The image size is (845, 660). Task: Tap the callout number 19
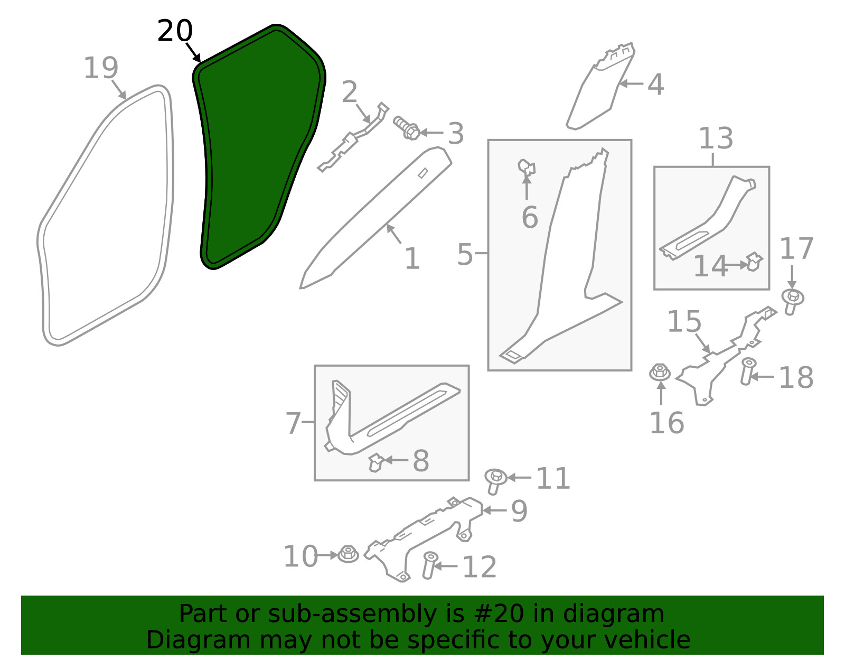point(101,68)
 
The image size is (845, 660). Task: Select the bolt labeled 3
point(407,127)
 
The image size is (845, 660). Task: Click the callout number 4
point(655,85)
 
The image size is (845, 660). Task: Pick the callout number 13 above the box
point(716,138)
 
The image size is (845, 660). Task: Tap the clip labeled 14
point(754,262)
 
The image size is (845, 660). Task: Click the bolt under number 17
point(793,301)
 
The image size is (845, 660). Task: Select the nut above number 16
point(660,372)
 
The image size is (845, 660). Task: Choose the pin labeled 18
point(747,371)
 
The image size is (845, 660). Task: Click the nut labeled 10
point(348,554)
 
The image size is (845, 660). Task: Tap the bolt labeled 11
point(495,481)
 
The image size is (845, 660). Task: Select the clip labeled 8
point(375,462)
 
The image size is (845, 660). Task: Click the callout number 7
point(293,423)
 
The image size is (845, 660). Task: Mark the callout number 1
point(412,258)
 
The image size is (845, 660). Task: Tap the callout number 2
point(349,92)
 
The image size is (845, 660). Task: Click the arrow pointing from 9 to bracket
point(494,510)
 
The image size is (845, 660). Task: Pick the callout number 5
point(465,254)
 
